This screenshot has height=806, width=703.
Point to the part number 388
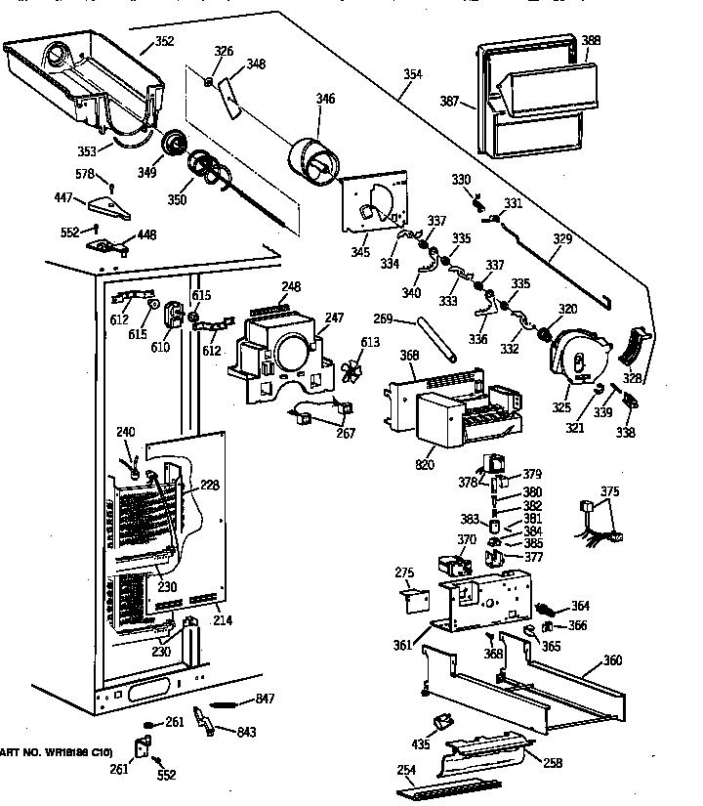click(x=591, y=41)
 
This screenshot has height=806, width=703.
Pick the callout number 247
click(x=335, y=318)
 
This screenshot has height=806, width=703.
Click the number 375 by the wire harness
click(x=608, y=492)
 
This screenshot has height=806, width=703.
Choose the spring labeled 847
click(x=229, y=700)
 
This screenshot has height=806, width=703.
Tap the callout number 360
click(x=612, y=661)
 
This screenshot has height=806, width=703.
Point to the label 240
click(x=125, y=432)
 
